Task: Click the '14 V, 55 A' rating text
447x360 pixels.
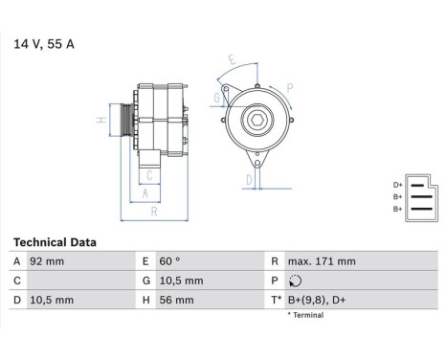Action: pyautogui.click(x=43, y=43)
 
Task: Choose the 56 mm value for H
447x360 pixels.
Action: pyautogui.click(x=176, y=300)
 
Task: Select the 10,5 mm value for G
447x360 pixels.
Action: pyautogui.click(x=180, y=281)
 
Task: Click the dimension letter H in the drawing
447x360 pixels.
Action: pyautogui.click(x=100, y=121)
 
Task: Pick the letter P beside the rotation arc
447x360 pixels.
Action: pyautogui.click(x=290, y=86)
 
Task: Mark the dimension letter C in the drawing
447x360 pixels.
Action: pyautogui.click(x=148, y=175)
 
